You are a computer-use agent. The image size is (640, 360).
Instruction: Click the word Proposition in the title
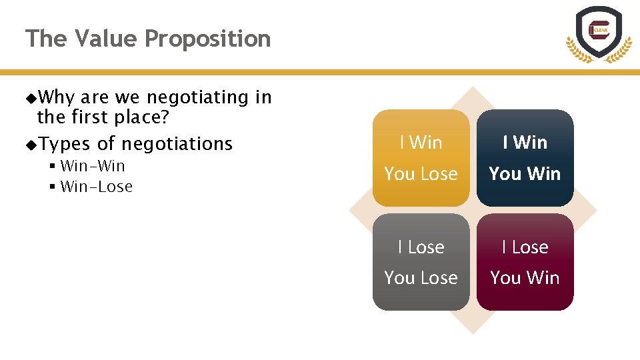[207, 39]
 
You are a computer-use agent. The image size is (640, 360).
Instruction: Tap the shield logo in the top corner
[598, 33]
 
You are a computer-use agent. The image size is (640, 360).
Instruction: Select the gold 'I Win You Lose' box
[421, 158]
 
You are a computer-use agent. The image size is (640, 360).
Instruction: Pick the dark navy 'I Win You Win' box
[525, 158]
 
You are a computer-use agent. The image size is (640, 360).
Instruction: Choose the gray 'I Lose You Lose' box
[421, 262]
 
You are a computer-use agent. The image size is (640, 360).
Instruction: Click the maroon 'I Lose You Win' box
[525, 262]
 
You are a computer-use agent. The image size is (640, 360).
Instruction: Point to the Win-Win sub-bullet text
[93, 166]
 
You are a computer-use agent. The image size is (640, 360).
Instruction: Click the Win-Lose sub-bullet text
[96, 187]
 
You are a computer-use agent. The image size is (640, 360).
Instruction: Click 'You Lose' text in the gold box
[421, 174]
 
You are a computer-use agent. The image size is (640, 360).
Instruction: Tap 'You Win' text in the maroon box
[525, 278]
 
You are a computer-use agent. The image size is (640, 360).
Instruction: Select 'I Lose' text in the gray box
[421, 247]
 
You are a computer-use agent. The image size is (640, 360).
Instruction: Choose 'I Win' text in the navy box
[525, 143]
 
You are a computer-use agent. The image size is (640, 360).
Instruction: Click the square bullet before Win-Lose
[52, 187]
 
